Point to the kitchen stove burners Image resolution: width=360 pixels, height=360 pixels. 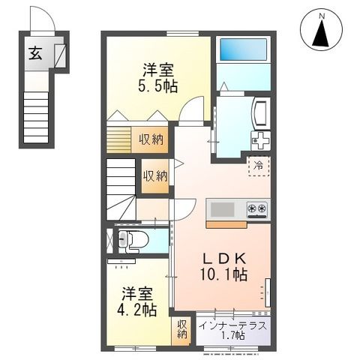click(256, 208)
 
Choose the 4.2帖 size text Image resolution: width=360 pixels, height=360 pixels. click(139, 309)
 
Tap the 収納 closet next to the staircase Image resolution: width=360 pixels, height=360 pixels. click(155, 175)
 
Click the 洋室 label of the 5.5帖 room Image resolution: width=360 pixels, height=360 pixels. click(159, 70)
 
